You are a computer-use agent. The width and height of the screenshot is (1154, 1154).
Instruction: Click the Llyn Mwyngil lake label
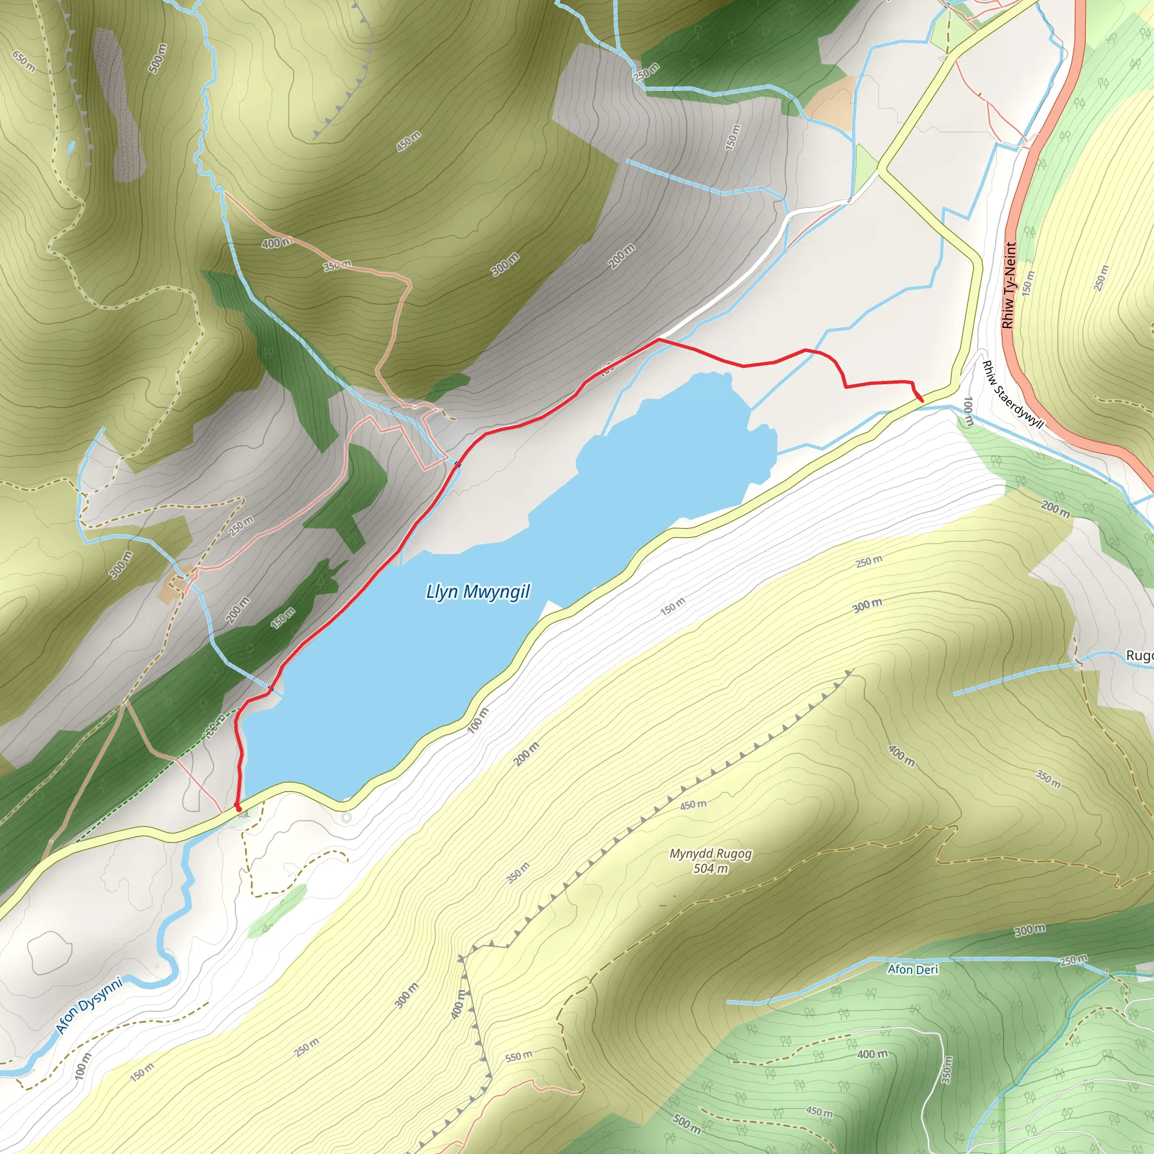click(x=477, y=592)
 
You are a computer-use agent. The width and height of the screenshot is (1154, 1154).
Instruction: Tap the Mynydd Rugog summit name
click(x=710, y=854)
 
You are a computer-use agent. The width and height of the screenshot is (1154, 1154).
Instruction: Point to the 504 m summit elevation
click(x=710, y=868)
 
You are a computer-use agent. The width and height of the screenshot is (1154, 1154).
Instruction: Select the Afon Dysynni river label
click(x=89, y=1005)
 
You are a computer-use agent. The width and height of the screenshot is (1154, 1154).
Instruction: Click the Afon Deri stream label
click(x=913, y=969)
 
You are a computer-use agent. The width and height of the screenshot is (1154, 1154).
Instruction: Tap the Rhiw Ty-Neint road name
click(x=1009, y=285)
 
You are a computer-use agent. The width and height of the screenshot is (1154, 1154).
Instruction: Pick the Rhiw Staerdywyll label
click(x=1013, y=395)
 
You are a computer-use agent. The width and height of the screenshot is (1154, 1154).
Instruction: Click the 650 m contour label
click(x=24, y=61)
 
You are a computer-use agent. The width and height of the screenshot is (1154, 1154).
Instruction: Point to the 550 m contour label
click(x=518, y=1057)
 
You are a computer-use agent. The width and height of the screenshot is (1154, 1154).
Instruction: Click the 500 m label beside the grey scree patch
click(x=157, y=59)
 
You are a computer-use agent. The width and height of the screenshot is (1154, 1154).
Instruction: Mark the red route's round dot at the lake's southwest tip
click(x=238, y=808)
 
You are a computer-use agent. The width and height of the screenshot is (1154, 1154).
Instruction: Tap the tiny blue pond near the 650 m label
click(x=72, y=145)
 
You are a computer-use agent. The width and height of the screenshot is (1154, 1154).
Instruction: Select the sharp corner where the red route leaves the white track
click(x=658, y=339)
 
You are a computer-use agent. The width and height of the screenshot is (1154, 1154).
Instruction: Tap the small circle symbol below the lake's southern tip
click(x=347, y=816)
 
